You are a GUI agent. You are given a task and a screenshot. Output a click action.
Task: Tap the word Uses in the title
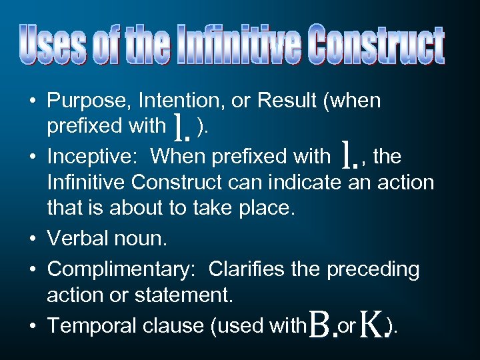click(x=51, y=45)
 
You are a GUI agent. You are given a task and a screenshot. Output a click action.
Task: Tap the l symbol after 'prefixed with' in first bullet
click(x=179, y=127)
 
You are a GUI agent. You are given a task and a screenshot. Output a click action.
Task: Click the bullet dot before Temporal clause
click(x=33, y=326)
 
